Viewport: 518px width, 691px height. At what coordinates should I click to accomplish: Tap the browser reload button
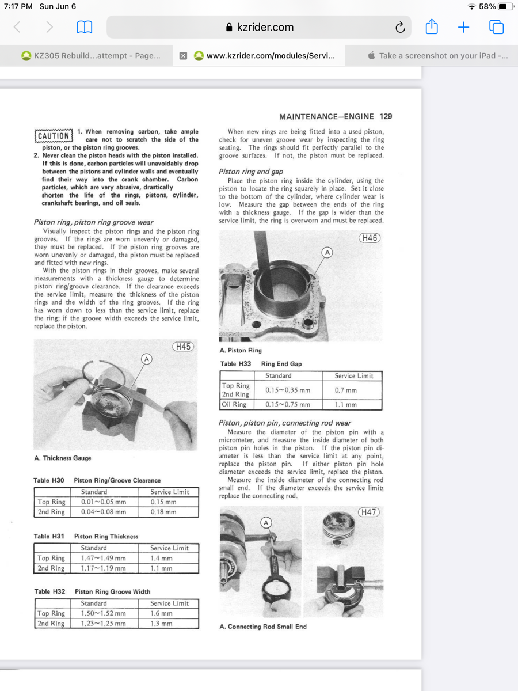pyautogui.click(x=400, y=27)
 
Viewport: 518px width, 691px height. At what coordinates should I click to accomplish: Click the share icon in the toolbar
pyautogui.click(x=432, y=26)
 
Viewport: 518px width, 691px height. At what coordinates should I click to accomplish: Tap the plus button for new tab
pyautogui.click(x=464, y=27)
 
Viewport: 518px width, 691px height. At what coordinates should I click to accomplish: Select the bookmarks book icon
pyautogui.click(x=85, y=27)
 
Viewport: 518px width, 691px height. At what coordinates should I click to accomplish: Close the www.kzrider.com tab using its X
pyautogui.click(x=183, y=56)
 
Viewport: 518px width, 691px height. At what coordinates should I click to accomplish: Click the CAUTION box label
pyautogui.click(x=54, y=136)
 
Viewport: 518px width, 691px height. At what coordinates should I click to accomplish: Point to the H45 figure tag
pyautogui.click(x=183, y=347)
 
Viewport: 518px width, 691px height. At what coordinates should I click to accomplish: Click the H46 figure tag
pyautogui.click(x=370, y=238)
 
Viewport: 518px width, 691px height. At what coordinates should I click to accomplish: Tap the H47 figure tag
pyautogui.click(x=368, y=512)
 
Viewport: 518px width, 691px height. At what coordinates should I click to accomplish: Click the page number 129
pyautogui.click(x=386, y=116)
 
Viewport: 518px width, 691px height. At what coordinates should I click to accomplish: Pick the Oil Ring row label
pyautogui.click(x=234, y=404)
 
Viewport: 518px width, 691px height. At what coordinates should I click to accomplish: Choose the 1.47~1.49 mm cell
pyautogui.click(x=104, y=558)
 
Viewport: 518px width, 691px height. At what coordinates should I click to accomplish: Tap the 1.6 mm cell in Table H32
pyautogui.click(x=162, y=613)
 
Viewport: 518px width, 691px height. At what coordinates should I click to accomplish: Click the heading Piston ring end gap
pyautogui.click(x=250, y=172)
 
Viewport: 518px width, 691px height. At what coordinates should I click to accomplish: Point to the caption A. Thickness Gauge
pyautogui.click(x=63, y=458)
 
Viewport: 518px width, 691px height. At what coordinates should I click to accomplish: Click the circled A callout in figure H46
pyautogui.click(x=327, y=252)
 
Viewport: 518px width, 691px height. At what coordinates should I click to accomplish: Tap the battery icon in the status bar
pyautogui.click(x=505, y=6)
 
